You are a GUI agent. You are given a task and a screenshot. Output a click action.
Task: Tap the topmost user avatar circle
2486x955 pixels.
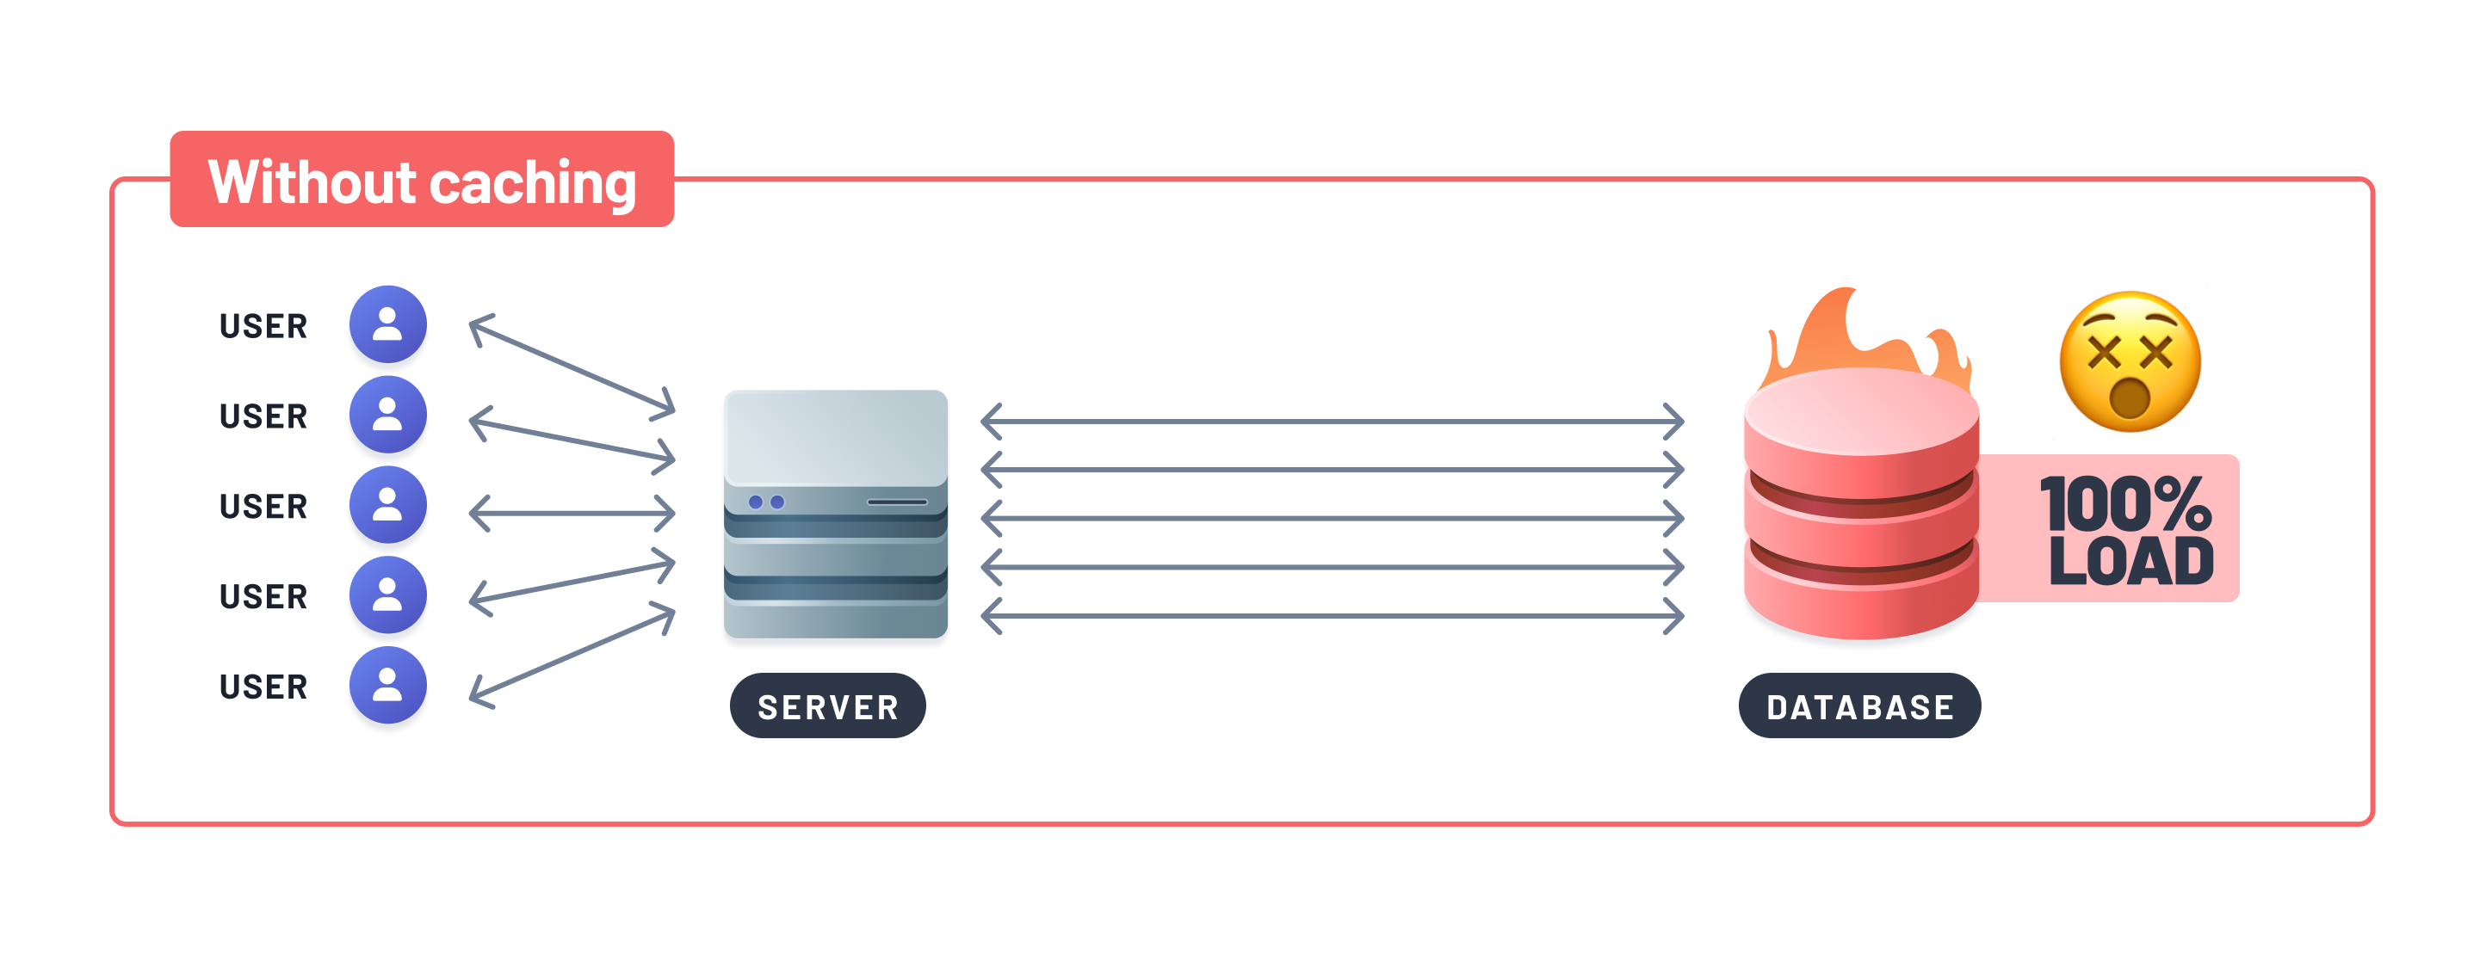click(x=388, y=324)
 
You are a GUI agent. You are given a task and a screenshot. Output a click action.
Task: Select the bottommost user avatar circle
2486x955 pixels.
click(x=388, y=685)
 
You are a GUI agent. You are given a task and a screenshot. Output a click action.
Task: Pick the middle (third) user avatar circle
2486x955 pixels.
click(x=388, y=504)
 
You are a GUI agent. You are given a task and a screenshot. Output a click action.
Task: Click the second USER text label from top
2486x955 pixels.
click(x=263, y=416)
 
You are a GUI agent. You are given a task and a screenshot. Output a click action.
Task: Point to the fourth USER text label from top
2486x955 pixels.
click(x=263, y=596)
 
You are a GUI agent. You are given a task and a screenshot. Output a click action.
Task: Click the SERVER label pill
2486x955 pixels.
click(x=827, y=706)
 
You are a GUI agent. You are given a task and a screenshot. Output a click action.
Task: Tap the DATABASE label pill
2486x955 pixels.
click(x=1858, y=706)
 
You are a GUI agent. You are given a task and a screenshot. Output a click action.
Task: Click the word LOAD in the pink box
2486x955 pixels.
click(x=2130, y=563)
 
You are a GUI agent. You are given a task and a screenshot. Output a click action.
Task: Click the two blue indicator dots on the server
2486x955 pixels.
click(x=766, y=502)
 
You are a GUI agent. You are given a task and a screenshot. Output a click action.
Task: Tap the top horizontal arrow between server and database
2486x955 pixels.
click(x=1332, y=422)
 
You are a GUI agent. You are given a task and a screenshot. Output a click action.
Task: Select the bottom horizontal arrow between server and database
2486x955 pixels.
click(x=1332, y=615)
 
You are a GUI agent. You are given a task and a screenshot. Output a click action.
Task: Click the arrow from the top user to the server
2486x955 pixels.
click(x=572, y=364)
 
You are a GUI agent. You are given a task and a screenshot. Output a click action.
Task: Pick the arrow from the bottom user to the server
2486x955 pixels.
click(x=572, y=656)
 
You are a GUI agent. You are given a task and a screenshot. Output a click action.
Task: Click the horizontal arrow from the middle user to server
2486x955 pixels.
click(x=572, y=513)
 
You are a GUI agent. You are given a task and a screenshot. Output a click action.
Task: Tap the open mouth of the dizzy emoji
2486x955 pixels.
click(x=2129, y=398)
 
